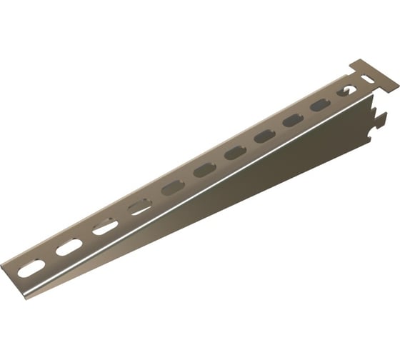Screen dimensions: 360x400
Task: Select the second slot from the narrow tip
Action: pyautogui.click(x=68, y=248)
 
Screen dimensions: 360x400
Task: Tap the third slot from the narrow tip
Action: pyautogui.click(x=105, y=227)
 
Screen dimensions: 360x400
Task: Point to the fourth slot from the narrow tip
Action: pyautogui.click(x=140, y=207)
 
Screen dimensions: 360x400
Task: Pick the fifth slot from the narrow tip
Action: pyautogui.click(x=173, y=188)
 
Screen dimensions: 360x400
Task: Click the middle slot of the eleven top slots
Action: pyautogui.click(x=204, y=169)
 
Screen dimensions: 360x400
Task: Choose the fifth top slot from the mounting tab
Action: pyautogui.click(x=235, y=152)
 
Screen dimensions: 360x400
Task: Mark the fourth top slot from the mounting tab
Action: pyautogui.click(x=264, y=136)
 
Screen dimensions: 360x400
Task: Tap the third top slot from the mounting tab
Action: pyautogui.click(x=293, y=120)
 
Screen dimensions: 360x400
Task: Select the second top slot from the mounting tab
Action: pyautogui.click(x=319, y=105)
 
